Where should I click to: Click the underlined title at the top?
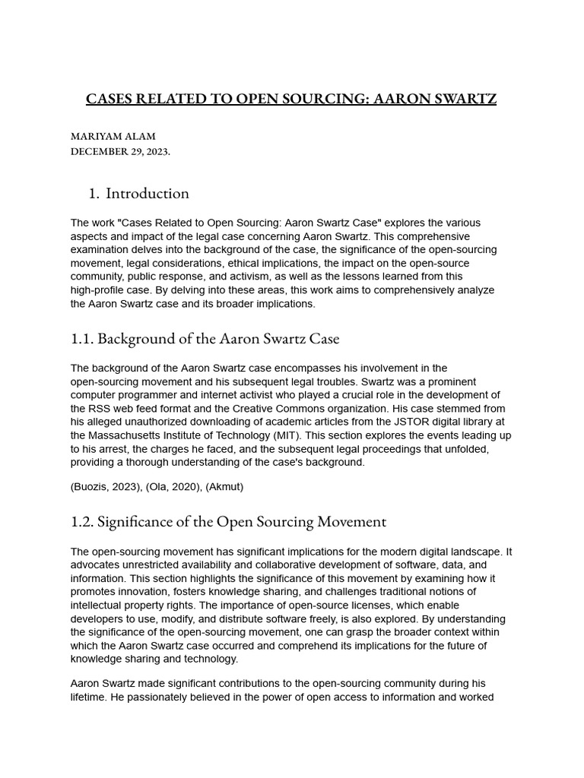(291, 99)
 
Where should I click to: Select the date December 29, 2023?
(120, 150)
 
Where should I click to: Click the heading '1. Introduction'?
(139, 193)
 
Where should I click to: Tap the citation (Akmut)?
(224, 486)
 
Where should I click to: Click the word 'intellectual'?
(99, 606)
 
